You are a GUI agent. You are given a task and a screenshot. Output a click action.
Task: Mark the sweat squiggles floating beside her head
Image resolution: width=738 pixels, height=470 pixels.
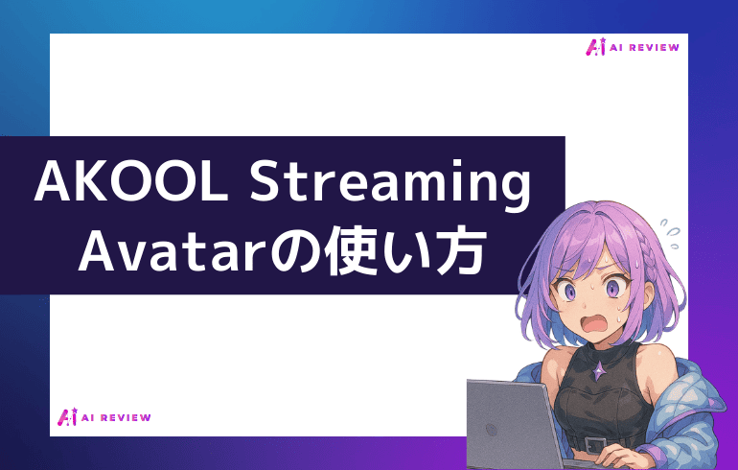coord(672,228)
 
